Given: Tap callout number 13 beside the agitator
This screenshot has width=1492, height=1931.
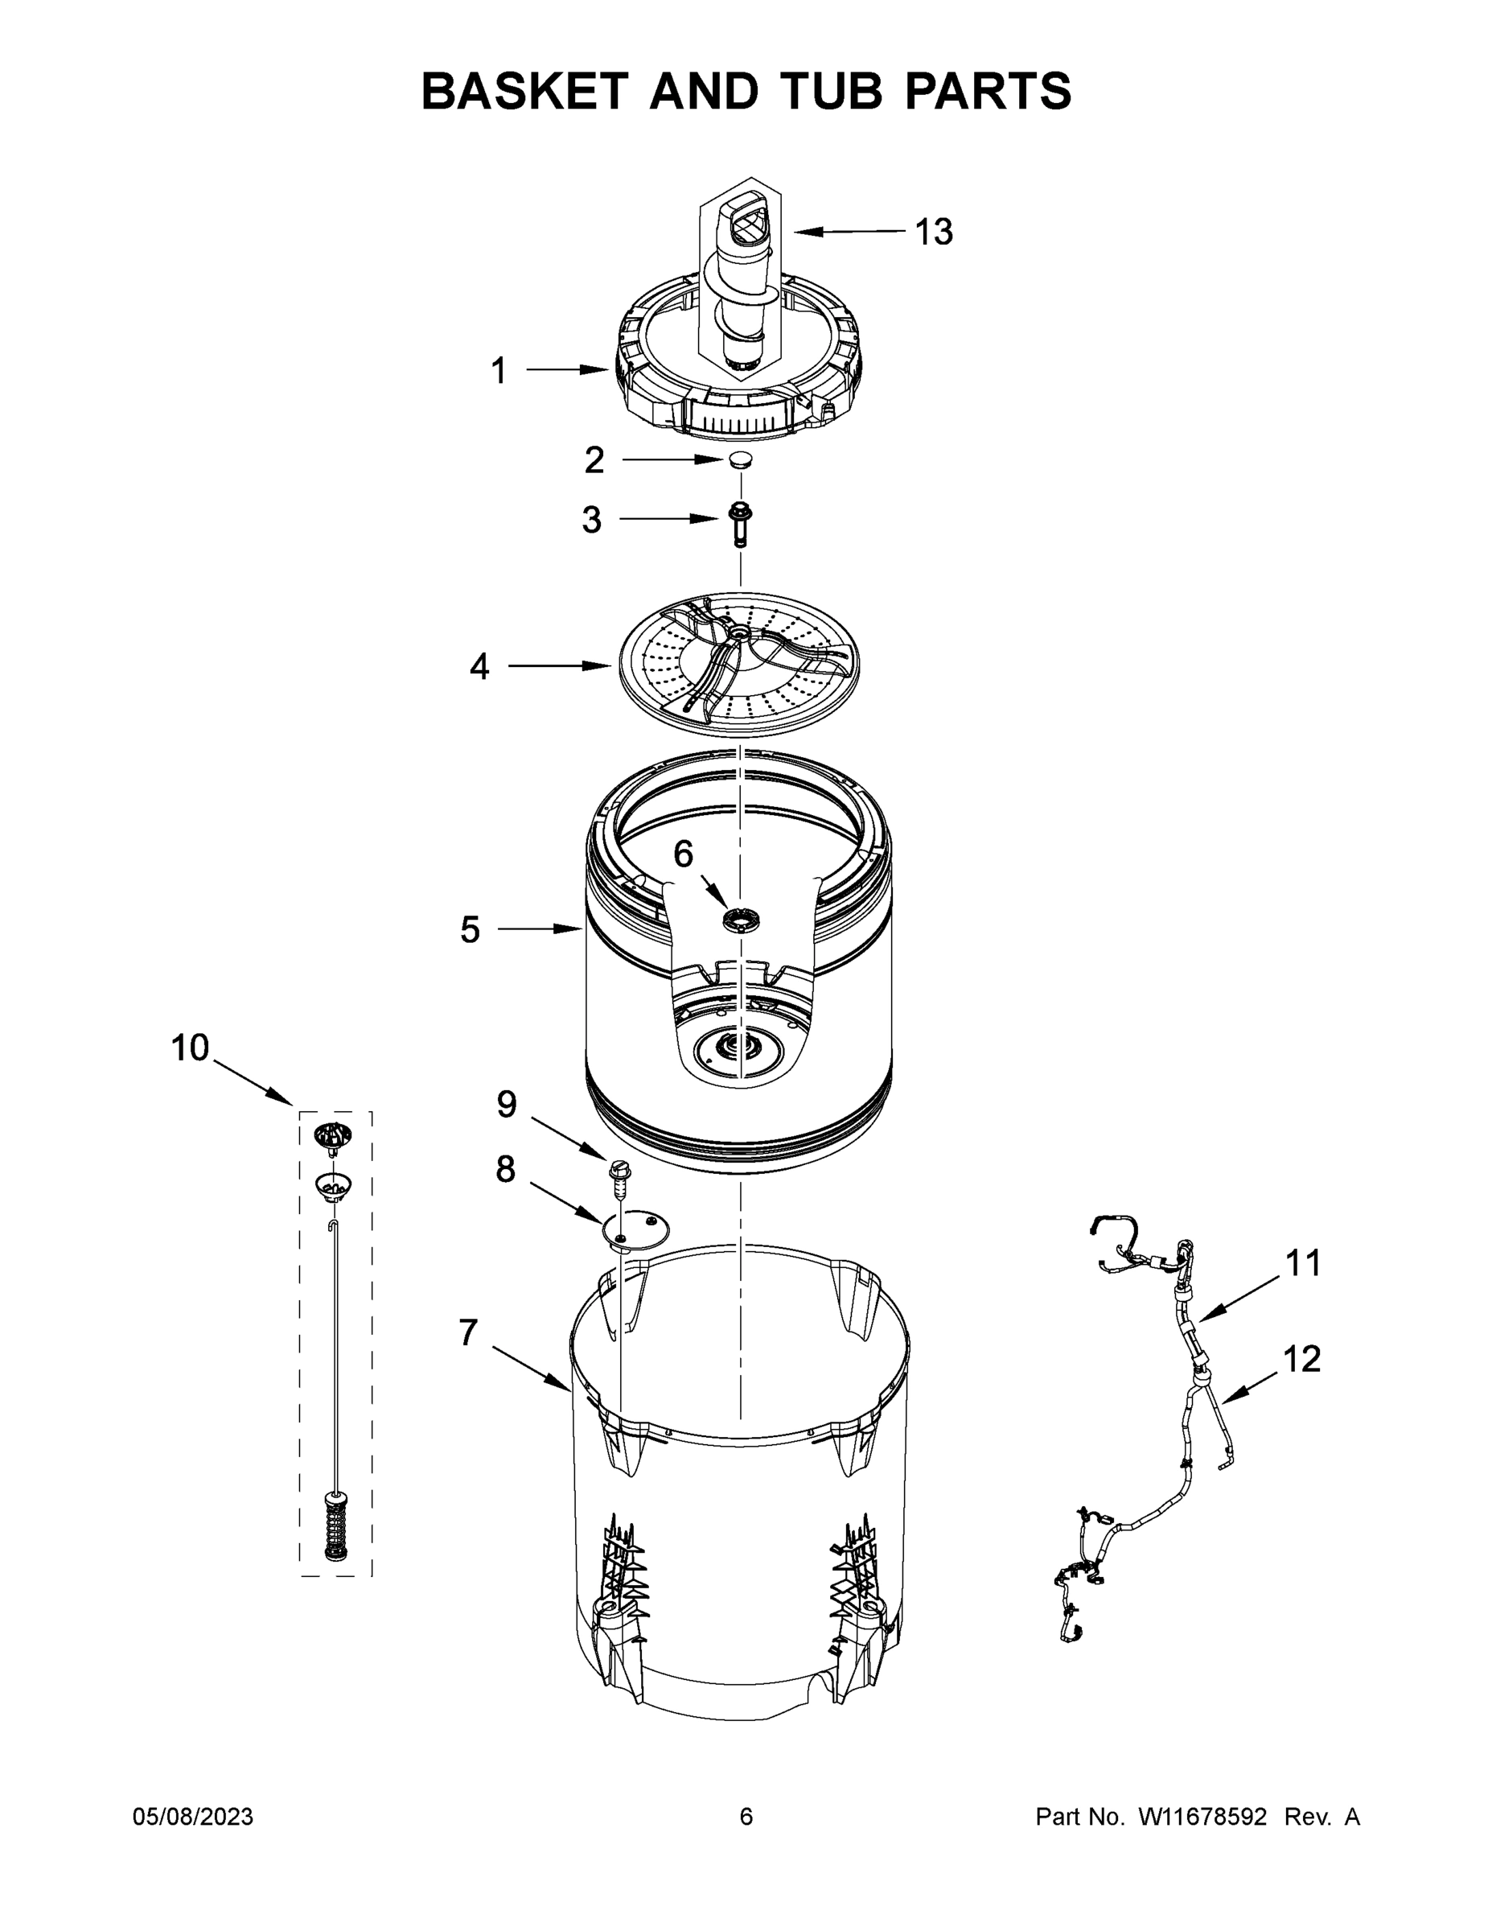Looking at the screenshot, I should (932, 232).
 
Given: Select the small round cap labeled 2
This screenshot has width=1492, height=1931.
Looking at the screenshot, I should (740, 459).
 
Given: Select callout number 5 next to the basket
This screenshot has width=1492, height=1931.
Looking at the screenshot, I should (470, 929).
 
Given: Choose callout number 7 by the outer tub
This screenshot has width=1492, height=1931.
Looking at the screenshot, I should (468, 1332).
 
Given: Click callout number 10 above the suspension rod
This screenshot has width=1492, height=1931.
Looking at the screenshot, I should (190, 1048).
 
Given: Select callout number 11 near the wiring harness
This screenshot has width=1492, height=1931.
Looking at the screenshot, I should (1302, 1263).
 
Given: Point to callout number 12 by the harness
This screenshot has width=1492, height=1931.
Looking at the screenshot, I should (1301, 1359).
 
